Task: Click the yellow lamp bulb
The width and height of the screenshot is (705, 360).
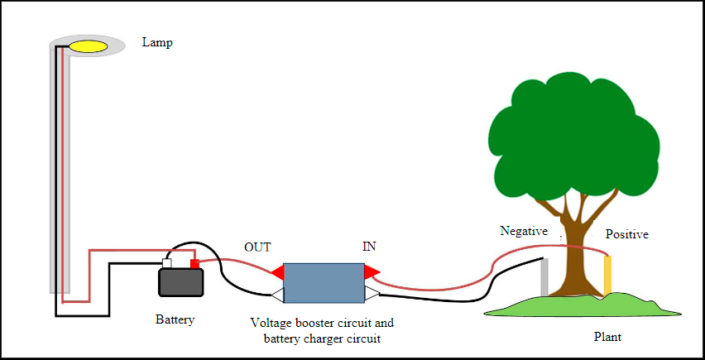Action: (x=88, y=46)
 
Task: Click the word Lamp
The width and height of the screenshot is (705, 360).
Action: (x=157, y=42)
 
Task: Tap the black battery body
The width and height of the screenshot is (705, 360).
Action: (x=181, y=282)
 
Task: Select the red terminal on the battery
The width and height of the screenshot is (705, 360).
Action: (x=195, y=263)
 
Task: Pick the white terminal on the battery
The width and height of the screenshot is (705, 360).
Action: (x=166, y=264)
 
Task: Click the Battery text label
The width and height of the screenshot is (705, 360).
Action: (x=175, y=319)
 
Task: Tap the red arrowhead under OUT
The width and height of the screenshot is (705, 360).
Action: (x=276, y=272)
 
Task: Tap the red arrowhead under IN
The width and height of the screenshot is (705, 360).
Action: (x=372, y=271)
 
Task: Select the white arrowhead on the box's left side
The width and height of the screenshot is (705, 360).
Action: (x=277, y=294)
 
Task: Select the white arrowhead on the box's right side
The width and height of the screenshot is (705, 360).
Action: (x=372, y=293)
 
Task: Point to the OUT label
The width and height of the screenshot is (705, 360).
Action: (x=257, y=247)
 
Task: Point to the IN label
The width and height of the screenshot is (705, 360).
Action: (x=370, y=247)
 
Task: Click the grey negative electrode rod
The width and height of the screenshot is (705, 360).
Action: (x=544, y=276)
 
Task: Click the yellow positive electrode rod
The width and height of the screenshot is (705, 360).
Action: (x=607, y=275)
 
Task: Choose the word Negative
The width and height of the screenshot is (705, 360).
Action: (x=524, y=231)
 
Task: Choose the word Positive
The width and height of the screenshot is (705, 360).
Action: (x=626, y=234)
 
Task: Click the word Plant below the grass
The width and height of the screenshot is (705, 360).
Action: (x=608, y=337)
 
